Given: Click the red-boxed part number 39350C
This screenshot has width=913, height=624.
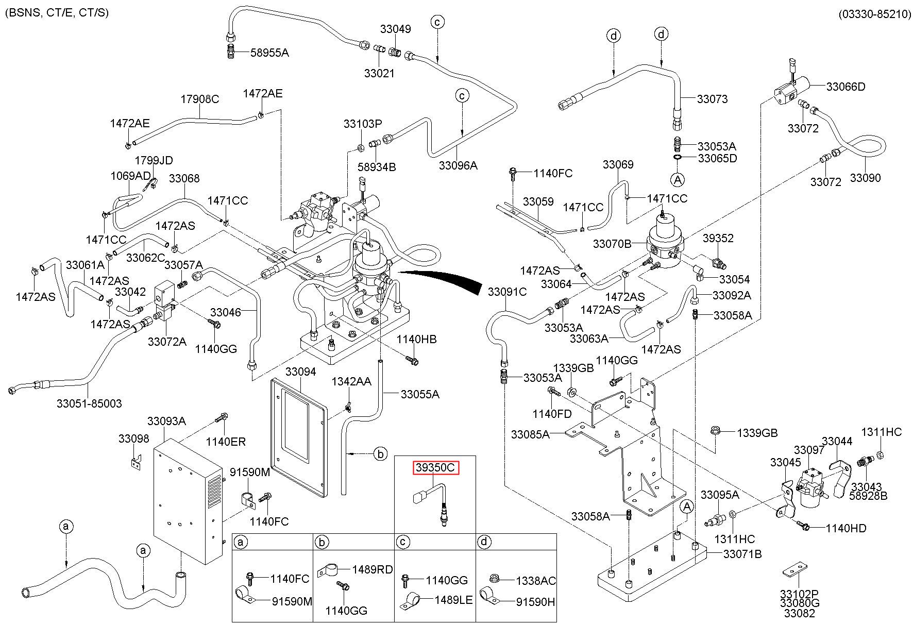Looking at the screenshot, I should [435, 468].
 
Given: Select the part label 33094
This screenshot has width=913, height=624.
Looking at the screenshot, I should [300, 372].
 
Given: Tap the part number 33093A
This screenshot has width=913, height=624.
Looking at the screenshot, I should [166, 421].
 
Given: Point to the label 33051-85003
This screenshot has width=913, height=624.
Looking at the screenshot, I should [89, 403].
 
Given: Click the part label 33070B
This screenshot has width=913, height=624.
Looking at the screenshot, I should [612, 244].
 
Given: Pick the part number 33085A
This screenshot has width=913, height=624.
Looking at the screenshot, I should [530, 434].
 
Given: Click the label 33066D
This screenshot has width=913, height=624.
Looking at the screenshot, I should [846, 87].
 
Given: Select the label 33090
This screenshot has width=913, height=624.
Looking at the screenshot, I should [865, 178].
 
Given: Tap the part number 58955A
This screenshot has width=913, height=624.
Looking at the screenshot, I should [269, 52].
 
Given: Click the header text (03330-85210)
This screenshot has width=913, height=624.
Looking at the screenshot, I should [874, 14].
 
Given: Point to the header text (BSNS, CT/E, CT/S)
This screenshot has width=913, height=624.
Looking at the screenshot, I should [57, 12].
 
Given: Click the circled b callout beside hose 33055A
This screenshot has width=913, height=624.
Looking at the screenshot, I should [380, 454].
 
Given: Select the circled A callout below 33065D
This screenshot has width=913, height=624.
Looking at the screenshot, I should [678, 179].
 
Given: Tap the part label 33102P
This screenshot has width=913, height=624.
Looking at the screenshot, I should [799, 594].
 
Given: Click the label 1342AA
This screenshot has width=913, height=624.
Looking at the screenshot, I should [351, 382].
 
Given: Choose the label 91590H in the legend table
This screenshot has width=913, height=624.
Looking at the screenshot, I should [535, 601].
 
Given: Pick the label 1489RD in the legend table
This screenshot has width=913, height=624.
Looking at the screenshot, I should [373, 569].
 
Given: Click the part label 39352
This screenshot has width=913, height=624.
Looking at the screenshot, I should [718, 239].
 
